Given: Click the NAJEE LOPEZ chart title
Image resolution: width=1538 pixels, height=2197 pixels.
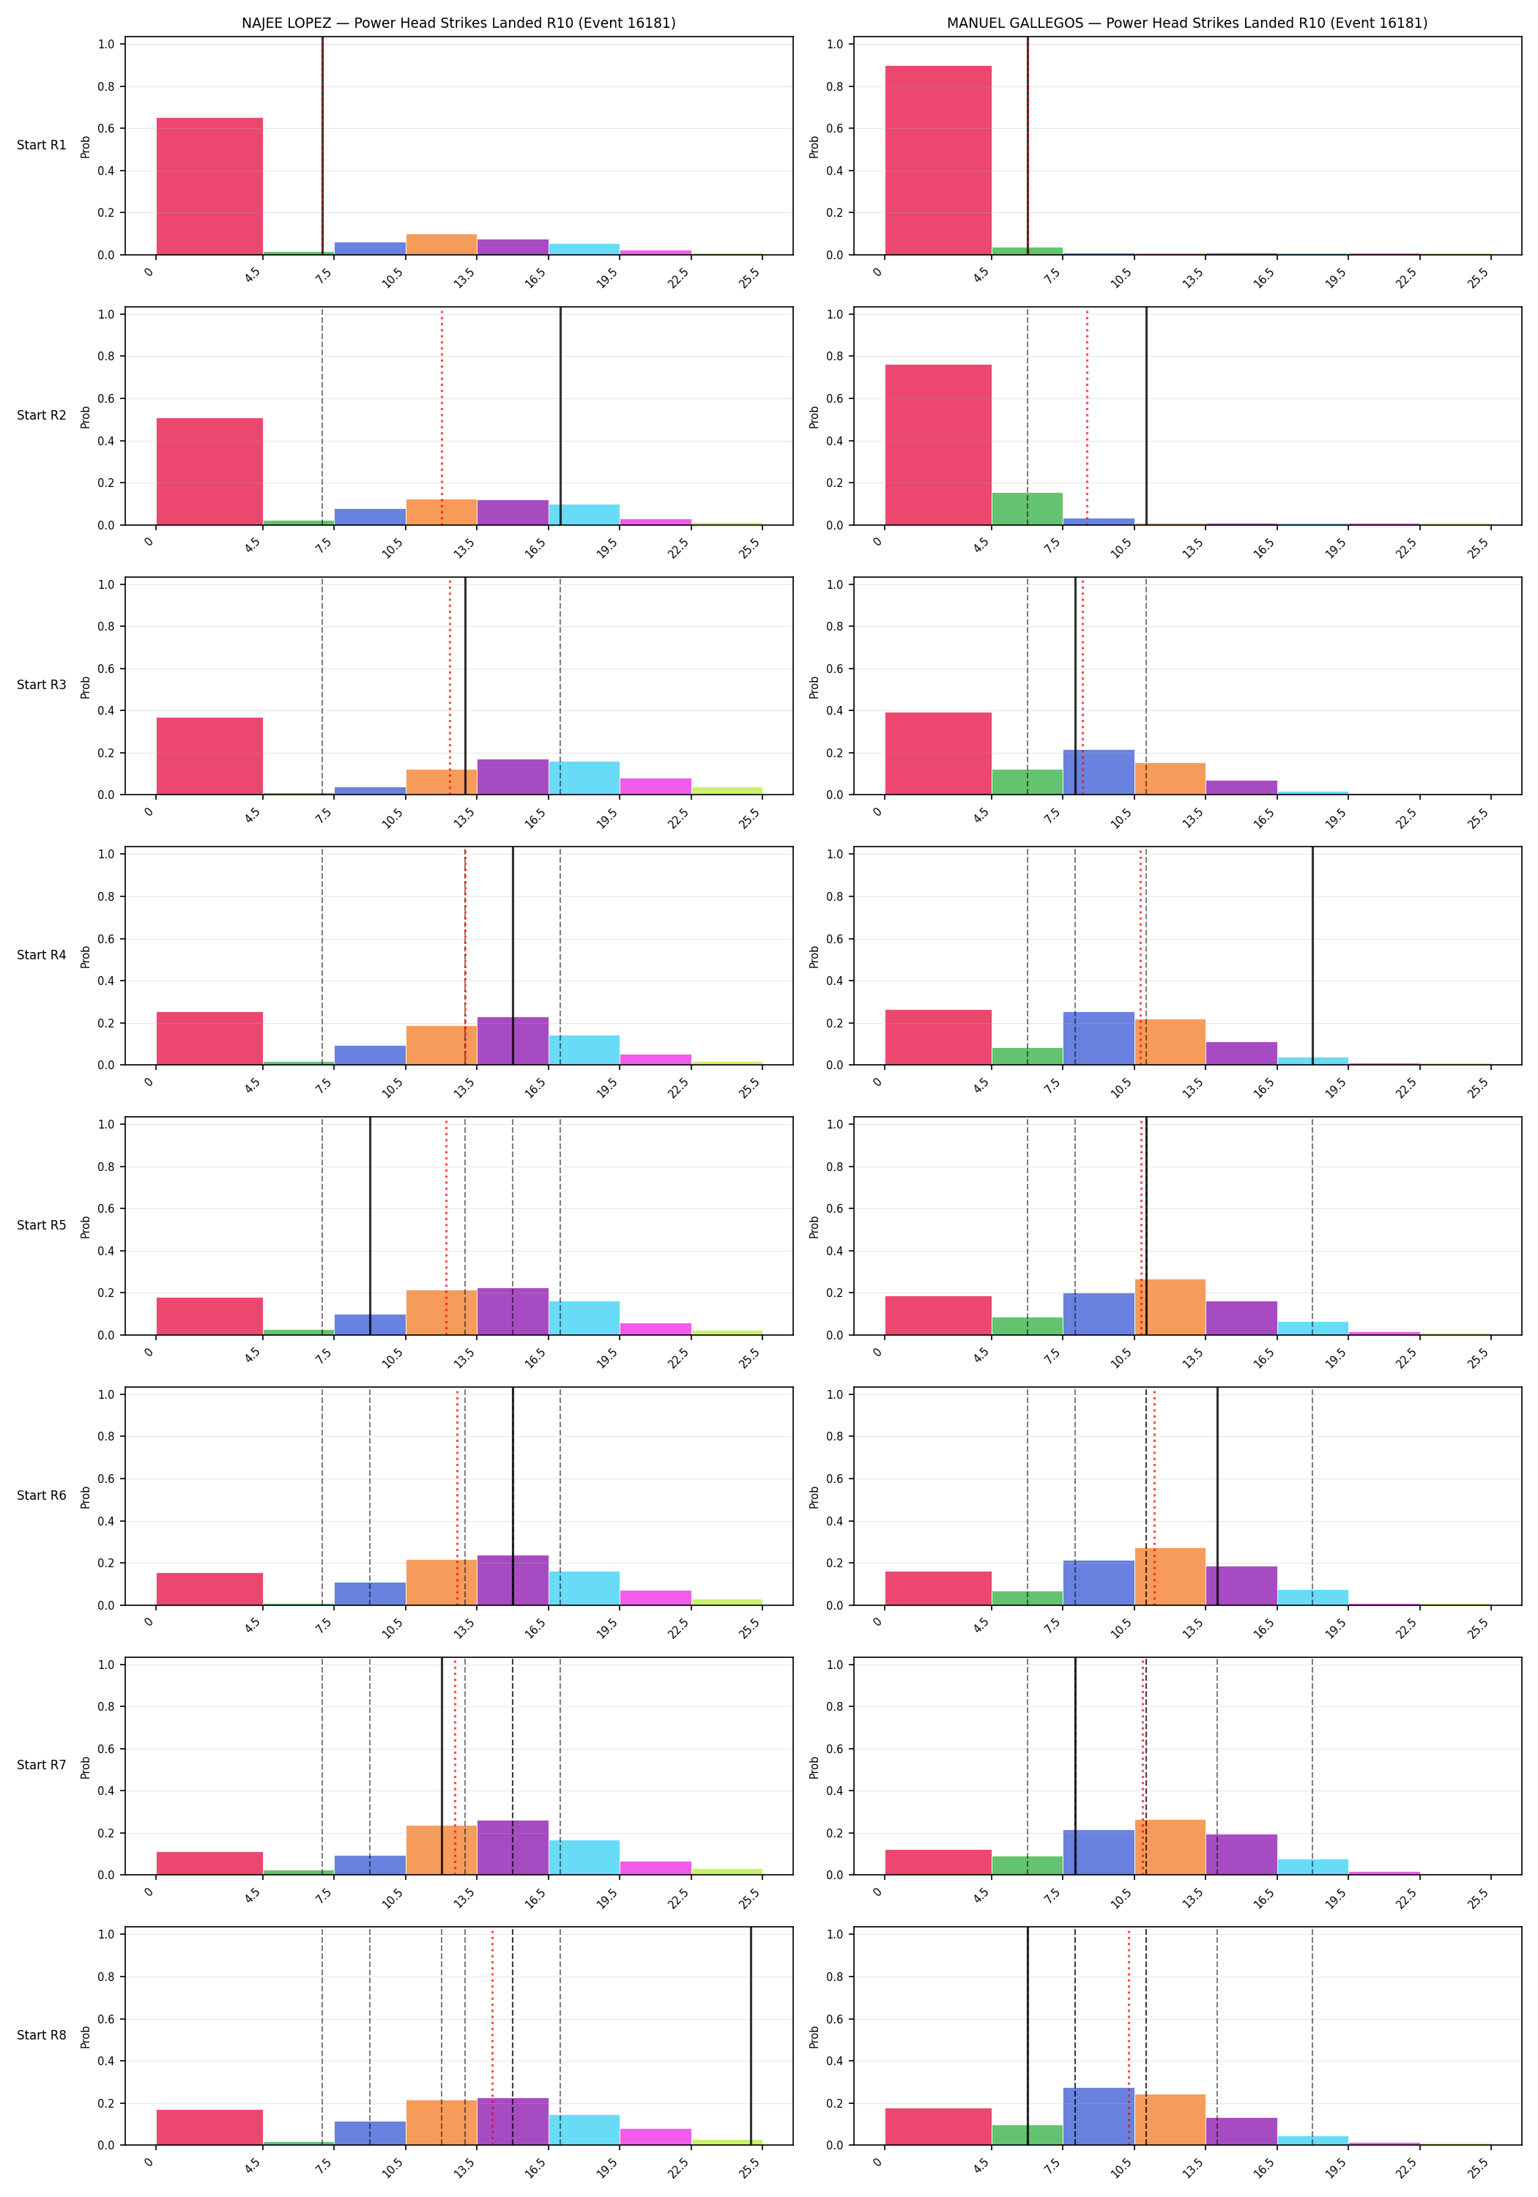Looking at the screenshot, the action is tap(458, 23).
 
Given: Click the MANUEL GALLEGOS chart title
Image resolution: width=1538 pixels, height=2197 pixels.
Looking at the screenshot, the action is tap(1186, 23).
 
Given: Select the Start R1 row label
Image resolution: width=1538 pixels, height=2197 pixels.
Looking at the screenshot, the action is tap(42, 146).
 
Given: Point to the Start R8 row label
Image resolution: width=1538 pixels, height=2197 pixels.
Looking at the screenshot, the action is tap(42, 2034).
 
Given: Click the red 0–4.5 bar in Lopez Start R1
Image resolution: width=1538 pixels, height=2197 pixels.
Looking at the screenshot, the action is tap(209, 187).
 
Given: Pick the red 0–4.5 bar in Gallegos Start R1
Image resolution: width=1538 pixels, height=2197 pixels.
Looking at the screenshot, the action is tap(938, 161).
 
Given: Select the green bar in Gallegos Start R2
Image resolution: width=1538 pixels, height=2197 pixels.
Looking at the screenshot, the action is tap(1027, 509).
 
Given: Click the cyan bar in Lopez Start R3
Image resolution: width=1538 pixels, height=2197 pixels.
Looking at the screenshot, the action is tap(584, 778).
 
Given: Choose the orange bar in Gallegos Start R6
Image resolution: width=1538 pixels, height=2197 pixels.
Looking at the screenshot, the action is tap(1170, 1576).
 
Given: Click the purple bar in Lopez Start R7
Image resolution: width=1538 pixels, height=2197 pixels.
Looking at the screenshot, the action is tap(513, 1847).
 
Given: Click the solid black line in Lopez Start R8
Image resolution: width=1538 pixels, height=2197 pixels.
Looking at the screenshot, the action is tap(751, 2035).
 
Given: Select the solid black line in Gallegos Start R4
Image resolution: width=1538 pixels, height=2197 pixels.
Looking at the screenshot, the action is tap(1312, 956).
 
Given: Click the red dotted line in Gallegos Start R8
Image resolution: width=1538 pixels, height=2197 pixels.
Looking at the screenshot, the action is tap(1129, 2035).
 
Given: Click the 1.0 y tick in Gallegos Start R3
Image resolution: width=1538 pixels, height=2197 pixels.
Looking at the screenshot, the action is tap(836, 584).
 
